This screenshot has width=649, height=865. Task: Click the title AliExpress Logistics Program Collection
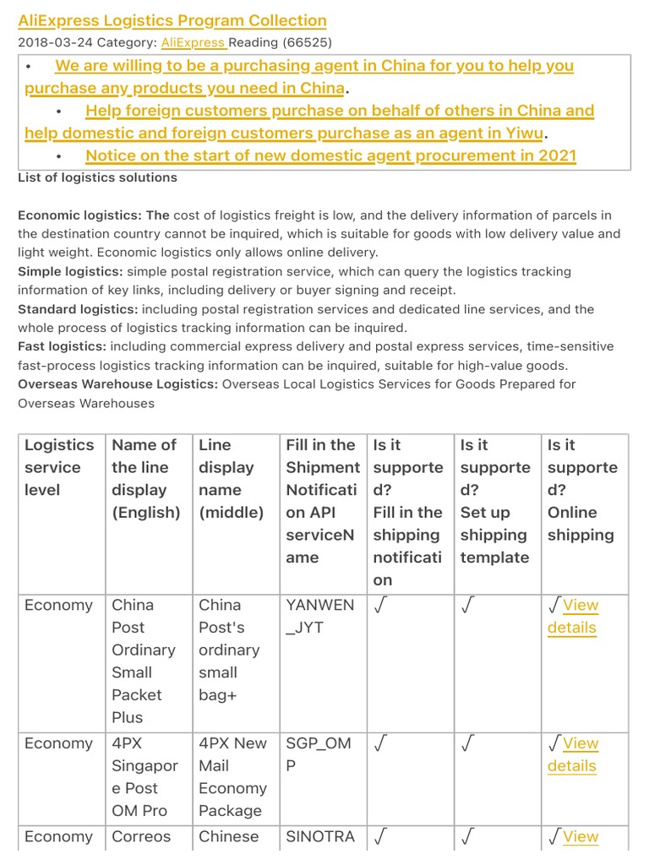point(172,21)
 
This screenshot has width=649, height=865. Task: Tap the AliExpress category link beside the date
point(193,42)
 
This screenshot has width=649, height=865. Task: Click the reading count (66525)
point(305,42)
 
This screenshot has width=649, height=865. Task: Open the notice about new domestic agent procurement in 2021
point(330,155)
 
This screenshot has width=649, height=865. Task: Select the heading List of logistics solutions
point(97,177)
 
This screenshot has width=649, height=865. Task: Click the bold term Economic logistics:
point(93,215)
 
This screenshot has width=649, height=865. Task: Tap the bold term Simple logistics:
point(70,272)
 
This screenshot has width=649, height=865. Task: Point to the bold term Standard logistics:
point(79,309)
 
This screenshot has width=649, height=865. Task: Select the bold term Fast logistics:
point(62,346)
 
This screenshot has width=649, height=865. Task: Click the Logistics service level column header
point(59,467)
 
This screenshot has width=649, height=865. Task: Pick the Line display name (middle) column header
point(231,478)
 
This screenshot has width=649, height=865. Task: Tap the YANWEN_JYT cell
point(320,616)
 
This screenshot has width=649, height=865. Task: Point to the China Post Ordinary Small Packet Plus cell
point(144,661)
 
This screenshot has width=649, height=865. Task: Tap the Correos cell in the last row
point(141,836)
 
